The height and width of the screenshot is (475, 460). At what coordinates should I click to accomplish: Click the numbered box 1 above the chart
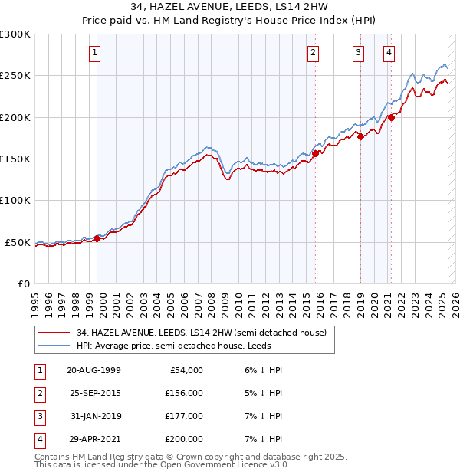click(x=94, y=53)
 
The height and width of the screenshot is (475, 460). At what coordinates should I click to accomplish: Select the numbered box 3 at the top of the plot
click(x=358, y=53)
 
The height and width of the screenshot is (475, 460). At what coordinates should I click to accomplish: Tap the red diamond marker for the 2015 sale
click(x=315, y=153)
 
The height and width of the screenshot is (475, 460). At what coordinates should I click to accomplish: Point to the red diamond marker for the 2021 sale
click(x=391, y=117)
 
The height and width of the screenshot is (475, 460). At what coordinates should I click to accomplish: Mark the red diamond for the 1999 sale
click(x=97, y=238)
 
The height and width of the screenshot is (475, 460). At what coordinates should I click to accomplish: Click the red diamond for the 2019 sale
click(x=360, y=137)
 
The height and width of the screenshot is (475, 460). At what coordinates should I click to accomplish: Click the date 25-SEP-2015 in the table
click(x=94, y=393)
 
